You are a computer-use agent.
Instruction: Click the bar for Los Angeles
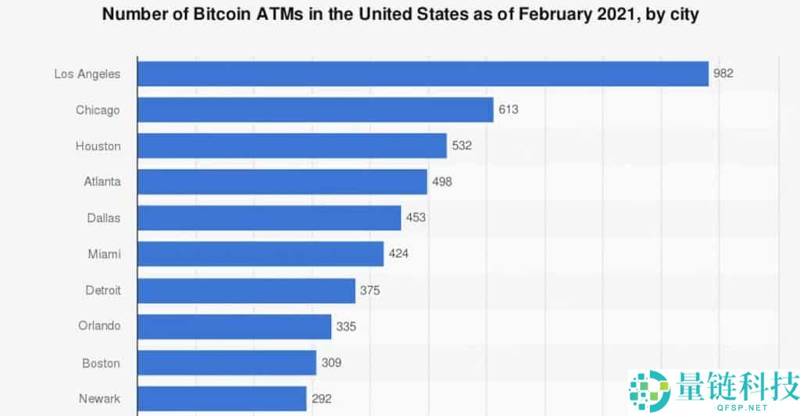423,74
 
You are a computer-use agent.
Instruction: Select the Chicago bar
316,109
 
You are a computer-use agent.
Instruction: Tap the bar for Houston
292,145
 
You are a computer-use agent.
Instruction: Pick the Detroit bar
246,290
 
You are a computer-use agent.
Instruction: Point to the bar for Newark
222,398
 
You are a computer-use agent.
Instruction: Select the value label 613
509,109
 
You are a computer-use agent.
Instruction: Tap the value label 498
442,181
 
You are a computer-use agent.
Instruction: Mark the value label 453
416,217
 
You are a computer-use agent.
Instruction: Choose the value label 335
346,326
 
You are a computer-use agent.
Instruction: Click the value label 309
331,363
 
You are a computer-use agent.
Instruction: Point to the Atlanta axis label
102,181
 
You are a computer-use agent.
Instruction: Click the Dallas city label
104,217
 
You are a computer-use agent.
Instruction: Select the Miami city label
105,254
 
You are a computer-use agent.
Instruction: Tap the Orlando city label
99,326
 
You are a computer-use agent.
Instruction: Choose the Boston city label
102,363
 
